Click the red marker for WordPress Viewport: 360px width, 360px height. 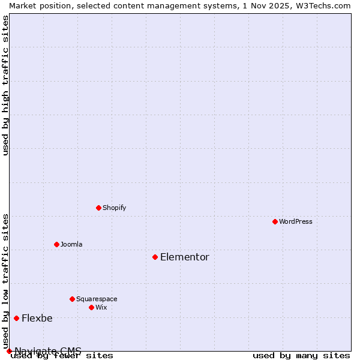tap(275, 221)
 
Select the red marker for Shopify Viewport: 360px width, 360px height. tap(98, 208)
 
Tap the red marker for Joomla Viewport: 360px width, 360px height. tap(56, 244)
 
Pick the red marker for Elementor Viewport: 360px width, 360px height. tap(155, 257)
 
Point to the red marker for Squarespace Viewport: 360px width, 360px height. tap(72, 299)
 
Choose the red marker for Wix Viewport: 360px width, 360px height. tap(91, 307)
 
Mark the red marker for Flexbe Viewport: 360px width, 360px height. tap(16, 318)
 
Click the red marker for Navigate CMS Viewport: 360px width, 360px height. tap(9, 351)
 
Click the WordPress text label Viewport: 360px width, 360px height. tap(296, 221)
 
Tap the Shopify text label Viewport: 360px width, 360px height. tap(114, 208)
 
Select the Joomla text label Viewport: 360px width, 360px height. tap(71, 244)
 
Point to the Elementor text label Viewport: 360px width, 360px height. tap(185, 257)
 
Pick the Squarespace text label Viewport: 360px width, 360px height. tap(97, 299)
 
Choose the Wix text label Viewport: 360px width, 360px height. tap(101, 307)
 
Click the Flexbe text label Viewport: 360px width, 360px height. tap(37, 318)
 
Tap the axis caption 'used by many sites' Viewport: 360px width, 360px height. tap(301, 356)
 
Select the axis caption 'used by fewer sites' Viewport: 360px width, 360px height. tap(62, 356)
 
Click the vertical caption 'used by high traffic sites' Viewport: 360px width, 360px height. tap(6, 85)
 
